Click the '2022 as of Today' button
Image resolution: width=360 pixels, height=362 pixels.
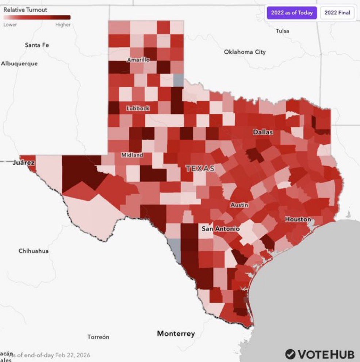(291, 13)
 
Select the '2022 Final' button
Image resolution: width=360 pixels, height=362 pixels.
(337, 13)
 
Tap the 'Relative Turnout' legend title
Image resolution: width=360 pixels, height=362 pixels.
(25, 10)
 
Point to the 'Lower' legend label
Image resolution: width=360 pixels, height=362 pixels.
(10, 25)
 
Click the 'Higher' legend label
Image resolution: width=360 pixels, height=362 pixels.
(63, 25)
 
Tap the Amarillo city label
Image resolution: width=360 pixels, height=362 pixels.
(138, 60)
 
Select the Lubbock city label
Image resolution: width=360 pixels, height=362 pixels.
(138, 108)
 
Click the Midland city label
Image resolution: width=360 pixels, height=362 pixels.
(132, 155)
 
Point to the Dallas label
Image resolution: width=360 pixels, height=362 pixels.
(263, 132)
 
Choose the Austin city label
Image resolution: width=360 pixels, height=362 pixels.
(239, 205)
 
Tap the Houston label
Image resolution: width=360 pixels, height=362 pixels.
(298, 220)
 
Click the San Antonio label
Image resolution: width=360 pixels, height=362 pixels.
(221, 229)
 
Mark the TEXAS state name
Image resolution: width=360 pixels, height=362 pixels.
(200, 168)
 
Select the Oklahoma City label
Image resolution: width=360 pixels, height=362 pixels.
(245, 52)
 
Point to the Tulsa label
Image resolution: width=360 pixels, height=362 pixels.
(282, 31)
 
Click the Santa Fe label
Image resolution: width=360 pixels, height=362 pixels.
(37, 45)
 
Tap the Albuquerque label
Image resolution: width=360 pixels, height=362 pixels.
(19, 64)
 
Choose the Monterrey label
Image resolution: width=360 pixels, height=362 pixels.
(176, 334)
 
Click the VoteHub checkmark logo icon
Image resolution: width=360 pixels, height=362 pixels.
(290, 354)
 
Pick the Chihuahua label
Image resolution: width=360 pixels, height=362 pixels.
(33, 251)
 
